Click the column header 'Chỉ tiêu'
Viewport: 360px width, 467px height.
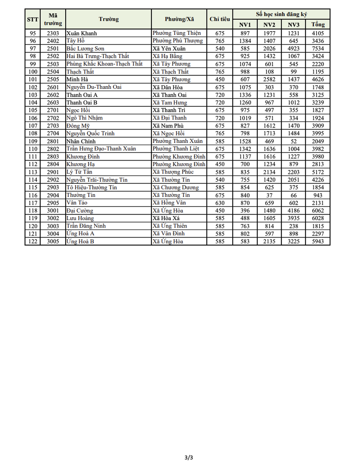point(220,19)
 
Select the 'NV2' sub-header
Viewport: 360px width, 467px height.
point(269,25)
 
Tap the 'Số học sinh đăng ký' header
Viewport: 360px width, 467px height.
point(281,14)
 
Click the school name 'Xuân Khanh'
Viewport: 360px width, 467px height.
point(82,33)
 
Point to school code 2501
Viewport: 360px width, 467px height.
point(53,49)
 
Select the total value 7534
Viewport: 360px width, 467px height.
point(318,49)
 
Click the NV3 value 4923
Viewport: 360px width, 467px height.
point(293,49)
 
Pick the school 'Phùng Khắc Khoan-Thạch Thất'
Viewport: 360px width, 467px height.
point(104,64)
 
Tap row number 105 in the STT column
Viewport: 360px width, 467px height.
point(33,110)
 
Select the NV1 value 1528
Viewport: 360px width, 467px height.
point(245,141)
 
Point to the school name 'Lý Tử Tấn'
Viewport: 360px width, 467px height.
point(79,172)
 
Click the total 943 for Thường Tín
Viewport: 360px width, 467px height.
point(318,195)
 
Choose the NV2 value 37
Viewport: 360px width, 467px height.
point(269,195)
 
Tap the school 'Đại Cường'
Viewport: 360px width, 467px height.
point(80,211)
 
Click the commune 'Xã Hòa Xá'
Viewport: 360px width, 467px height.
point(166,218)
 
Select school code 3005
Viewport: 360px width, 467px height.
point(53,241)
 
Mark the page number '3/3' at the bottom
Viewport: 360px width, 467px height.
point(189,457)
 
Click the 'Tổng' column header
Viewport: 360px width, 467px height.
point(318,25)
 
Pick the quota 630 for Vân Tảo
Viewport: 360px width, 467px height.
point(220,203)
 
